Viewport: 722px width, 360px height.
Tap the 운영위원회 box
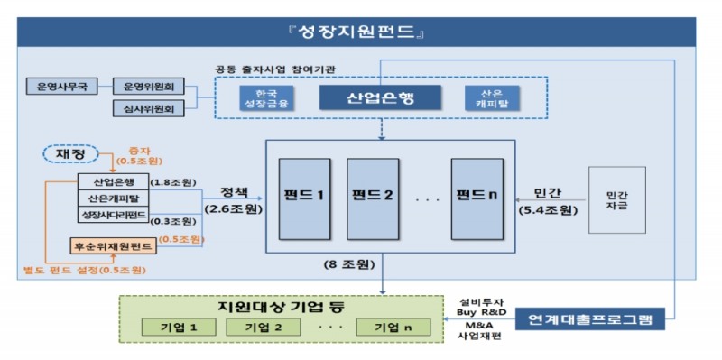tap(149, 88)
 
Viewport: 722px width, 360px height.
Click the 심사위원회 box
tap(149, 109)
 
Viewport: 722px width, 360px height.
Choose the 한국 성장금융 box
tap(261, 97)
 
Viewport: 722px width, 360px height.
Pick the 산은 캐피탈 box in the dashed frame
tap(482, 97)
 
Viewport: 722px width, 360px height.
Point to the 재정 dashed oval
tap(70, 154)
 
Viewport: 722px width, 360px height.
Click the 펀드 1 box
tap(304, 195)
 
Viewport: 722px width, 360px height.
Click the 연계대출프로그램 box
tap(597, 318)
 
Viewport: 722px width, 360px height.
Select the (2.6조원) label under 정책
tap(229, 210)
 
